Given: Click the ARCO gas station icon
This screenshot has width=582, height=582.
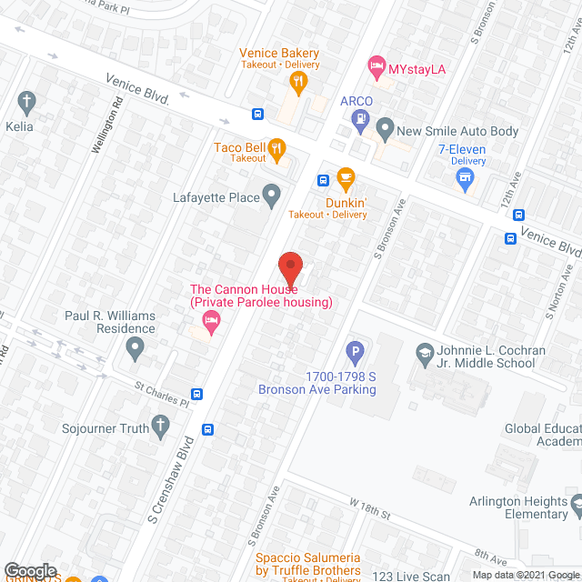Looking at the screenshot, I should tap(362, 117).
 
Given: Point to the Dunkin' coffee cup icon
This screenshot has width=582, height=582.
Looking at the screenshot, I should tap(345, 176).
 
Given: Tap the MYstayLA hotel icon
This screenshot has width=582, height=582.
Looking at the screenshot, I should tap(376, 66).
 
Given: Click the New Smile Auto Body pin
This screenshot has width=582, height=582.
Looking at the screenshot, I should tap(386, 131).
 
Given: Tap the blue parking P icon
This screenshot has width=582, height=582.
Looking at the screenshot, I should tap(356, 350).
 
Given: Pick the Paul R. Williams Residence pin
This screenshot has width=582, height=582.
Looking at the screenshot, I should tap(135, 346).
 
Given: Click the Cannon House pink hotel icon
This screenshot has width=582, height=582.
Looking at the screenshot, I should tap(211, 319).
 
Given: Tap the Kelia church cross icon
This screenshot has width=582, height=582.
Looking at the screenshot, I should tap(27, 101).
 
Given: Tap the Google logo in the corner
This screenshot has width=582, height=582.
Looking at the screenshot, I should tap(30, 571).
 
